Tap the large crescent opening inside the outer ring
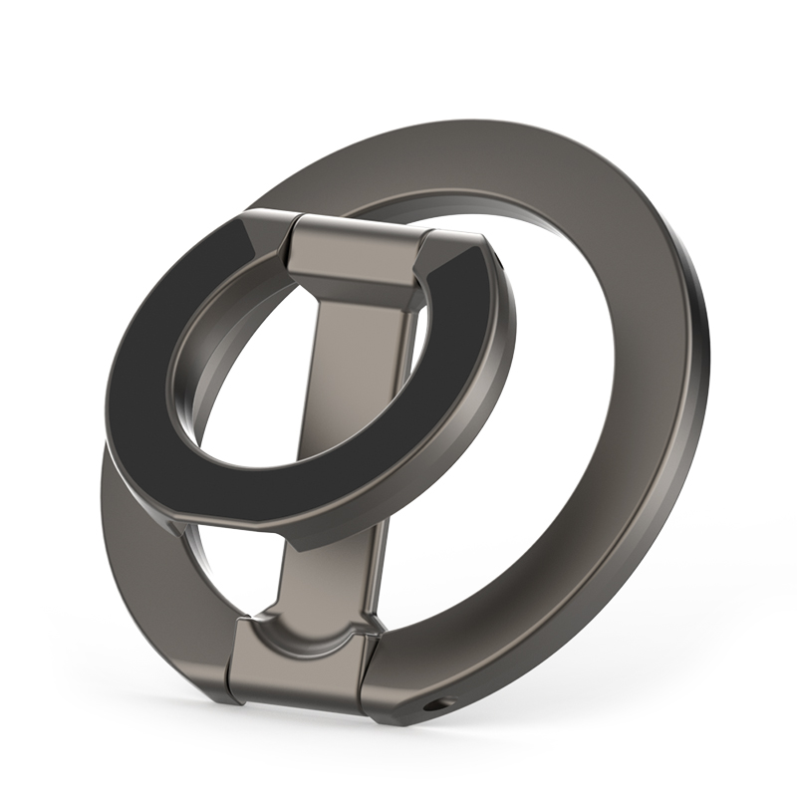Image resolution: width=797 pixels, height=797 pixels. tap(518, 418)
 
